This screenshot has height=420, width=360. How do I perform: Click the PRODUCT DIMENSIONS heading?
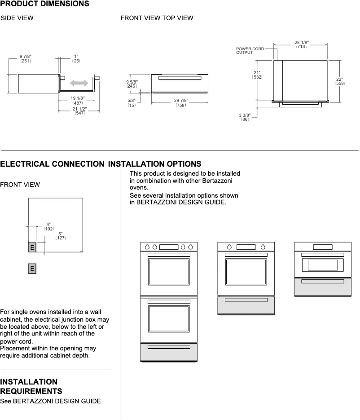click(x=44, y=4)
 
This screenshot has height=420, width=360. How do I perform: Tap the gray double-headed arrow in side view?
click(x=79, y=83)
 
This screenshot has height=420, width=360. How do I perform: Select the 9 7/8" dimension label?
click(x=26, y=58)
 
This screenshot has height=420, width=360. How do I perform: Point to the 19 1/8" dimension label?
click(x=77, y=101)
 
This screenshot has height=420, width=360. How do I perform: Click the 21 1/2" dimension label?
click(x=79, y=111)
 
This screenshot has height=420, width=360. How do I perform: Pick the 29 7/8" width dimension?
click(x=181, y=102)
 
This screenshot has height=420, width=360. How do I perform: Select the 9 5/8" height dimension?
click(x=132, y=84)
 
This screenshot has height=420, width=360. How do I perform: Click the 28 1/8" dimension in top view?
click(x=301, y=44)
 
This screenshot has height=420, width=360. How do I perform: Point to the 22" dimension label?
click(x=339, y=81)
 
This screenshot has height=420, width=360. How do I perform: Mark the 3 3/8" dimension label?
click(x=245, y=117)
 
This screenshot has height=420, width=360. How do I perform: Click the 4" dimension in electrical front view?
click(x=48, y=226)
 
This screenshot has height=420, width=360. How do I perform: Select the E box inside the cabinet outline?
click(x=32, y=248)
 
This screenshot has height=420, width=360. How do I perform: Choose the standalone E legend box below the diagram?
click(x=32, y=269)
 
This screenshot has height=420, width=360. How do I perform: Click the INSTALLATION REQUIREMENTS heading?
click(x=31, y=387)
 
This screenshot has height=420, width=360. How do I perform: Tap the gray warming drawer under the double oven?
click(x=169, y=352)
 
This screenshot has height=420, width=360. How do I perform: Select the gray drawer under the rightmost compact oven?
click(x=322, y=287)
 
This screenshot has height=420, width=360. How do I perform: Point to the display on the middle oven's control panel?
click(x=246, y=247)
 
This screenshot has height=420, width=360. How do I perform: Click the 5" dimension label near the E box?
click(x=61, y=236)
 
